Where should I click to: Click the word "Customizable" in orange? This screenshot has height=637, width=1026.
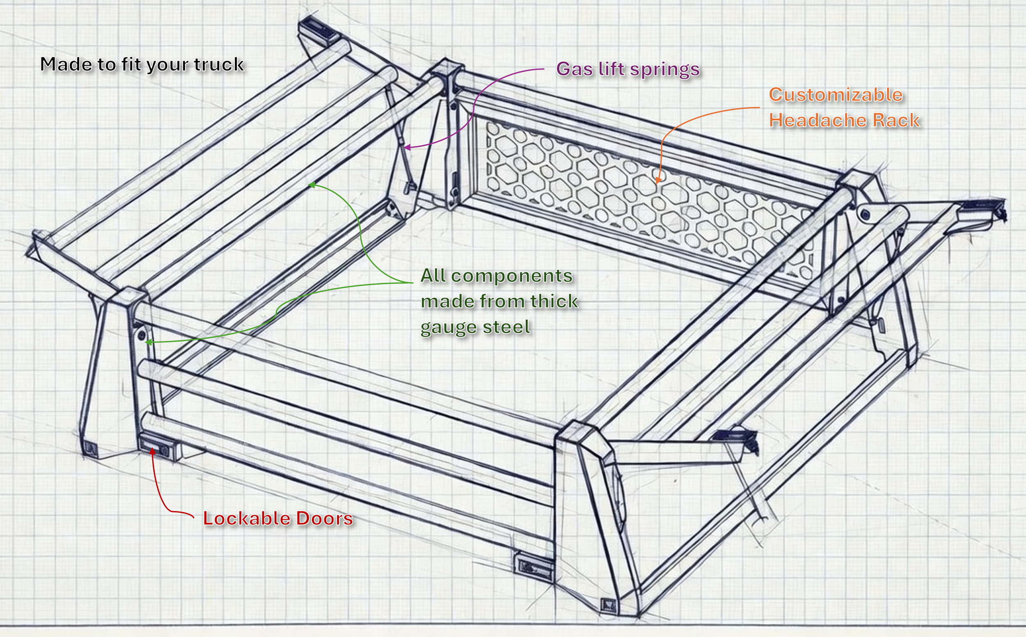(836, 95)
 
